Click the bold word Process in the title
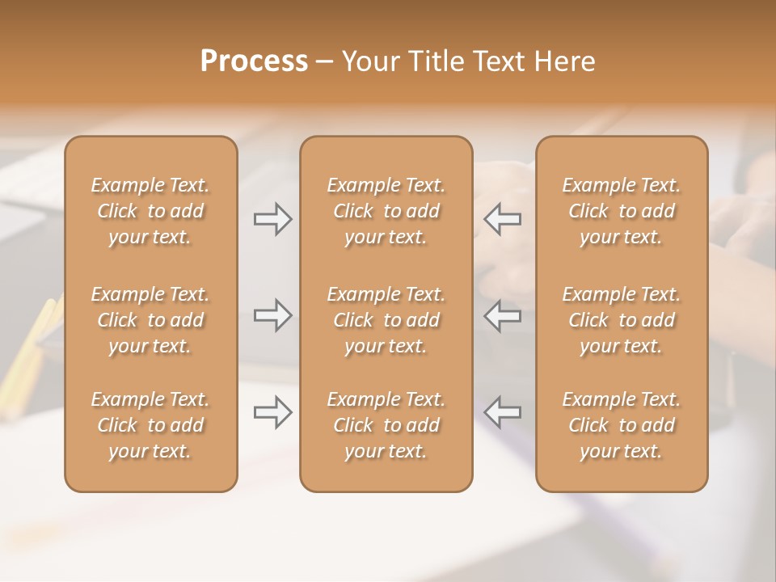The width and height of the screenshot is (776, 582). pyautogui.click(x=254, y=61)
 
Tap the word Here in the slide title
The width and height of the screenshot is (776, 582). pyautogui.click(x=564, y=61)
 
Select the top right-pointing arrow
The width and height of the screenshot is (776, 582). pyautogui.click(x=273, y=219)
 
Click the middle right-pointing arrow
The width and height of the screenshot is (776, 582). pyautogui.click(x=273, y=315)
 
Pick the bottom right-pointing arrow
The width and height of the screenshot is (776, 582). pyautogui.click(x=273, y=412)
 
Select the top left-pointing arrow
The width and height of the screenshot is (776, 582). pyautogui.click(x=503, y=219)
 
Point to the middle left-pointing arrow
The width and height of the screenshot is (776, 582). pyautogui.click(x=503, y=315)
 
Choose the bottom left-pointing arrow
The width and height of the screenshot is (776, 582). pyautogui.click(x=503, y=412)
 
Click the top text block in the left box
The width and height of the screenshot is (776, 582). pyautogui.click(x=150, y=211)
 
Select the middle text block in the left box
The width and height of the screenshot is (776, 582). pyautogui.click(x=150, y=320)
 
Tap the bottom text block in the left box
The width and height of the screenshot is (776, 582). pyautogui.click(x=150, y=425)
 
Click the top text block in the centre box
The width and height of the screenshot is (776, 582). pyautogui.click(x=386, y=211)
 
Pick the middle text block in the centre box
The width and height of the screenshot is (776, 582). pyautogui.click(x=386, y=320)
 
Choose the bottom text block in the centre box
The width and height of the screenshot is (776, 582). pyautogui.click(x=386, y=425)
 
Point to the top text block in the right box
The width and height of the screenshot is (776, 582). pyautogui.click(x=621, y=211)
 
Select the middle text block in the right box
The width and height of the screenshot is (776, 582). pyautogui.click(x=621, y=320)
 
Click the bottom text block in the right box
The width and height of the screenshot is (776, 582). pyautogui.click(x=621, y=425)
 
